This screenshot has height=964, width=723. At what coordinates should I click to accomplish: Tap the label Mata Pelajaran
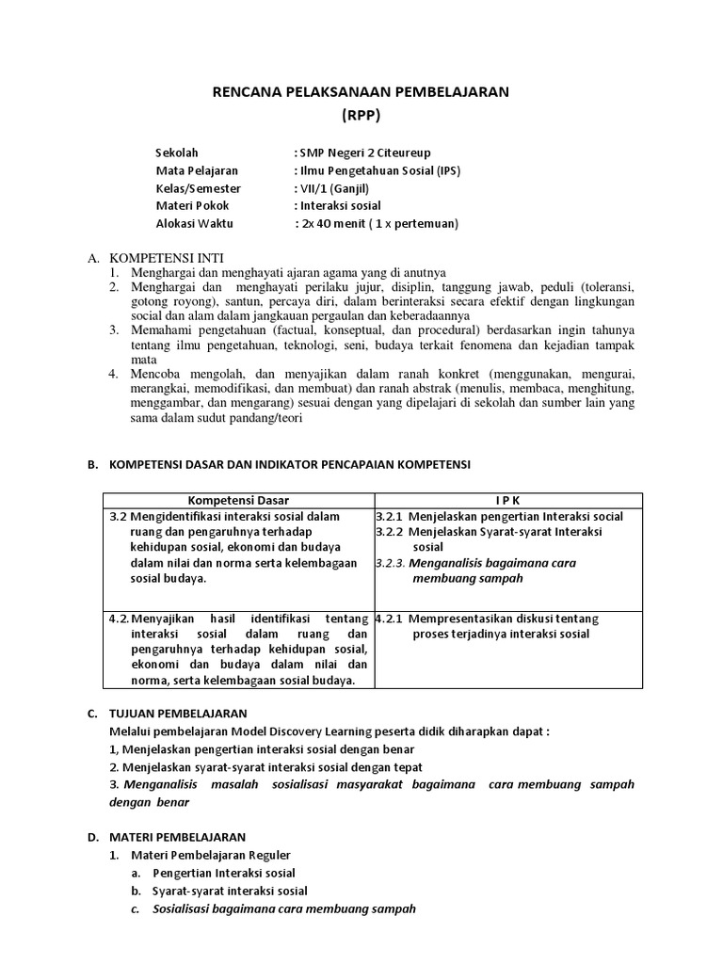click(x=196, y=170)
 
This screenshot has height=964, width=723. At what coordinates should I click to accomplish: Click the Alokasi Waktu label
click(x=194, y=224)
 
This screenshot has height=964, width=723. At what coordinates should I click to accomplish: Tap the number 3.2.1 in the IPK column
click(x=390, y=517)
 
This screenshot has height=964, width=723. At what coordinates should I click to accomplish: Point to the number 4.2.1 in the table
click(x=390, y=619)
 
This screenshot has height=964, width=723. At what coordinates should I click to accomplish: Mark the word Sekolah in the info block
click(x=177, y=153)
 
